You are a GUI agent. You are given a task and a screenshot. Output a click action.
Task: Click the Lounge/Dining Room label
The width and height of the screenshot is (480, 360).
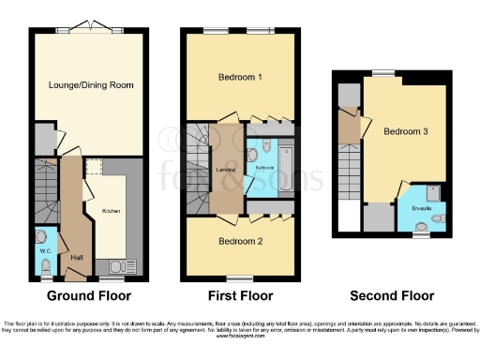(x=91, y=86)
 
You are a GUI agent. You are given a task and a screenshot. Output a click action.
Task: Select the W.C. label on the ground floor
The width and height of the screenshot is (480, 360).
(x=45, y=250)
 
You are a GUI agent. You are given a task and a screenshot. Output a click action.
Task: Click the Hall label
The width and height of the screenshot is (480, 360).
(x=77, y=256)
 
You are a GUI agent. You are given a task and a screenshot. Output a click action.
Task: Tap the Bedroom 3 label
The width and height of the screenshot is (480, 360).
(x=405, y=132)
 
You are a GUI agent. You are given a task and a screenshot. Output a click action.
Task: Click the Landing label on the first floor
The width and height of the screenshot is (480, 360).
(x=225, y=170)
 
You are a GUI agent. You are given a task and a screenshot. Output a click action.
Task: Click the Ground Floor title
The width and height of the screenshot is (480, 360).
(x=83, y=296)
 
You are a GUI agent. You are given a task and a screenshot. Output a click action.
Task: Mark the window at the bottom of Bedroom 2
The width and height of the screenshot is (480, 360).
(x=240, y=278)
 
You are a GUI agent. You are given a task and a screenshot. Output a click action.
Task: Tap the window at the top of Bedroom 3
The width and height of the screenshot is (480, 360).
(x=383, y=72)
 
